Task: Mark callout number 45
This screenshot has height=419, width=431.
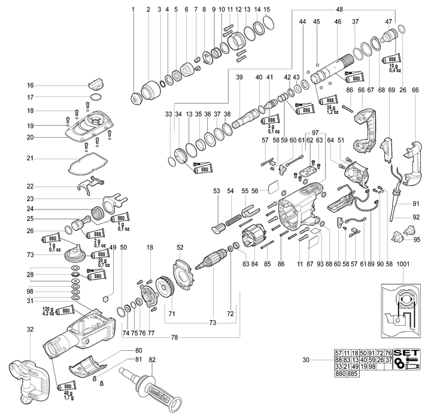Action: click(x=317, y=22)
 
